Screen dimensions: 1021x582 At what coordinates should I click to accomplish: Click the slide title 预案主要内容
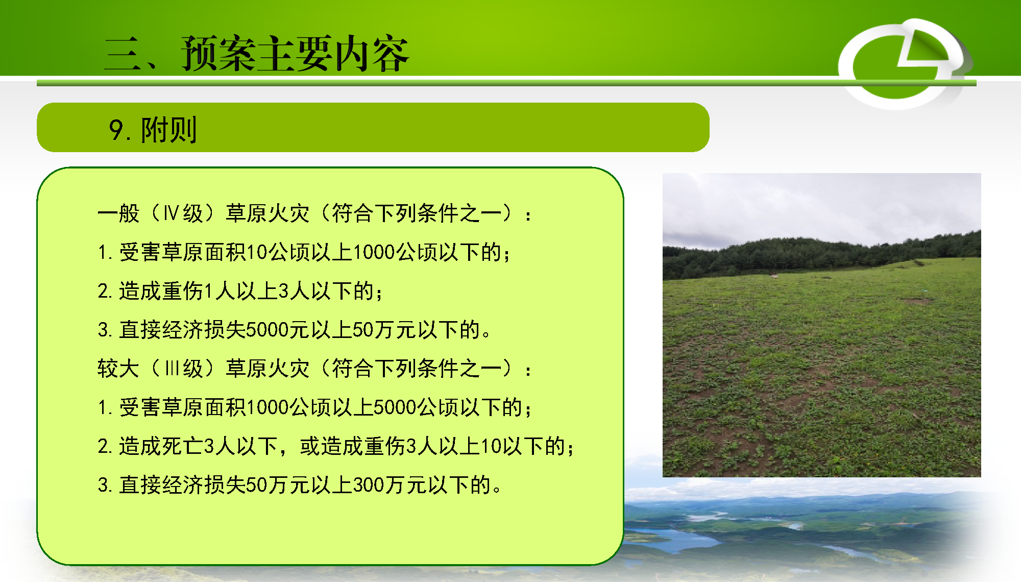[295, 54]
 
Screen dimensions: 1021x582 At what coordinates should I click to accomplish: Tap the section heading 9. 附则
[153, 130]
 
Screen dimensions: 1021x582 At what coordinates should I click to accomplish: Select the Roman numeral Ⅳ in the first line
[171, 213]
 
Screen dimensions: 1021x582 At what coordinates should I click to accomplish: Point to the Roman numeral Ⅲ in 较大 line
[172, 368]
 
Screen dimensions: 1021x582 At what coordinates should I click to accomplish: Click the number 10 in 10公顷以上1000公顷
[257, 252]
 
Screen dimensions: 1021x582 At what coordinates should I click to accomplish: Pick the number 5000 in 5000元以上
[267, 330]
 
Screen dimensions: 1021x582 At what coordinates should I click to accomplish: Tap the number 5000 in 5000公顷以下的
[395, 407]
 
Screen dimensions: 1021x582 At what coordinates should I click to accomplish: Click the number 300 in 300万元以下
[369, 485]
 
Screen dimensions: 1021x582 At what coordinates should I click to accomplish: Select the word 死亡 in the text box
[182, 446]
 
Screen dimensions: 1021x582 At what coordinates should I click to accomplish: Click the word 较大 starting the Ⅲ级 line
[118, 368]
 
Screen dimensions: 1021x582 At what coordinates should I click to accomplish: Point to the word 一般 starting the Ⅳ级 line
[118, 213]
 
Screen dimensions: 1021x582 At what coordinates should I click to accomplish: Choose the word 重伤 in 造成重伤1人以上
[182, 291]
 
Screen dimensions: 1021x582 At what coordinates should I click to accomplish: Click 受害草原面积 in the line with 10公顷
[183, 252]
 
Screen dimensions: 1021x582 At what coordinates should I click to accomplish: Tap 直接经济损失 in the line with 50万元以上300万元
[183, 485]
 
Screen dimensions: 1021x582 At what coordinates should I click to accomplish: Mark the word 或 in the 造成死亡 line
[310, 446]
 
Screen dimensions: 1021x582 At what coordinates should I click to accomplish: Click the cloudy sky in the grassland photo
[822, 204]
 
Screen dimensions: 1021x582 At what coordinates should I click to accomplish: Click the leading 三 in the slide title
[123, 54]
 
